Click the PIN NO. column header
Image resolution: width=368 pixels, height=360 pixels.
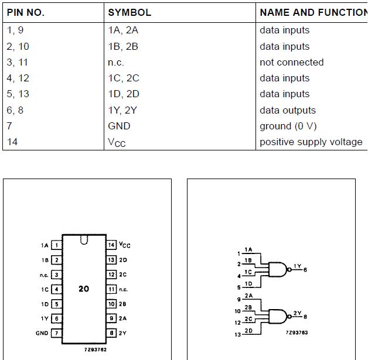tap(26, 12)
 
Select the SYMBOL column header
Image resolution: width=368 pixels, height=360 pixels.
tap(130, 12)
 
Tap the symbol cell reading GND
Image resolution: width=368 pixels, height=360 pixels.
tap(119, 126)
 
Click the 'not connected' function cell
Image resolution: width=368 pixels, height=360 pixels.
tap(292, 63)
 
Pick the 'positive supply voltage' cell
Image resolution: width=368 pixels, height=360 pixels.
tap(311, 142)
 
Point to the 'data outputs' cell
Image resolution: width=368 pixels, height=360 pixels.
tap(288, 111)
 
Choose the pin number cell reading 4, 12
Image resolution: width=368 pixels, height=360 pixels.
tap(18, 78)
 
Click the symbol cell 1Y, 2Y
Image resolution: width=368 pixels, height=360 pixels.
tap(122, 110)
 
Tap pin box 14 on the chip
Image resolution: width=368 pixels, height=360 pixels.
tap(111, 245)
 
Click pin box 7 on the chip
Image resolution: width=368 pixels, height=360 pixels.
tap(57, 333)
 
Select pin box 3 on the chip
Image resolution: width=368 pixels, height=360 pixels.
tap(57, 275)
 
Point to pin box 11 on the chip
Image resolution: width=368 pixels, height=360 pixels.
tap(111, 289)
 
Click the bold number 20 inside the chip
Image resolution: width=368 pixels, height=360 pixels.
tap(84, 289)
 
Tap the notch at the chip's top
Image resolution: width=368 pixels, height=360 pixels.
tap(84, 239)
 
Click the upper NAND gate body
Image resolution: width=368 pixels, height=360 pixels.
tap(278, 269)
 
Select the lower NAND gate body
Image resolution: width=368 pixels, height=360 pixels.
tap(278, 317)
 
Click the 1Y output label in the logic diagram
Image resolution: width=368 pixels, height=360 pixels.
tap(297, 266)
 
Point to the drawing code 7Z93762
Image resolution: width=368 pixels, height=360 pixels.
tap(96, 349)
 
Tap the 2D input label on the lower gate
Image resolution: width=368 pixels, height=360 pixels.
tap(248, 331)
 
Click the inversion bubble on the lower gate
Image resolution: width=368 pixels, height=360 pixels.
tap(289, 317)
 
